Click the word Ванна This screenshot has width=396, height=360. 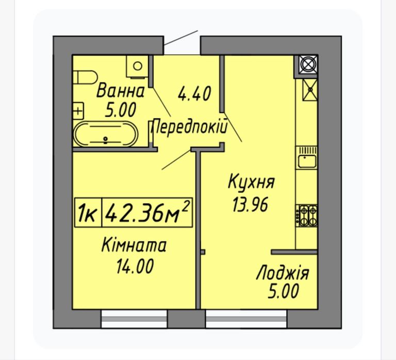121,91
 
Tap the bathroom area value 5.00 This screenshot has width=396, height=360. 121,110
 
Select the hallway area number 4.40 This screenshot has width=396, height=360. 194,94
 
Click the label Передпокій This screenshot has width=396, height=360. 189,127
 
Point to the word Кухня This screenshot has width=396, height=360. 251,182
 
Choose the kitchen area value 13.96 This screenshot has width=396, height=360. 250,204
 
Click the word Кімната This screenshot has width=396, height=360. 134,245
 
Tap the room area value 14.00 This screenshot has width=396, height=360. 135,266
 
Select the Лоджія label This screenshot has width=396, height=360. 283,273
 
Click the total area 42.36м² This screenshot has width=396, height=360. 147,213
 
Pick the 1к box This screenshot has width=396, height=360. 88,213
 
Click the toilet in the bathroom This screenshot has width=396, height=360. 85,77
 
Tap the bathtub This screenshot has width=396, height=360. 105,134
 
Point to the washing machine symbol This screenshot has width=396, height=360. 137,66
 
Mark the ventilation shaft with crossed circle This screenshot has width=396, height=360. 308,64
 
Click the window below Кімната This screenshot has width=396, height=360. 134,319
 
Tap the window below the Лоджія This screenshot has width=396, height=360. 246,319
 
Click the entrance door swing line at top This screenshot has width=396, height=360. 181,38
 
